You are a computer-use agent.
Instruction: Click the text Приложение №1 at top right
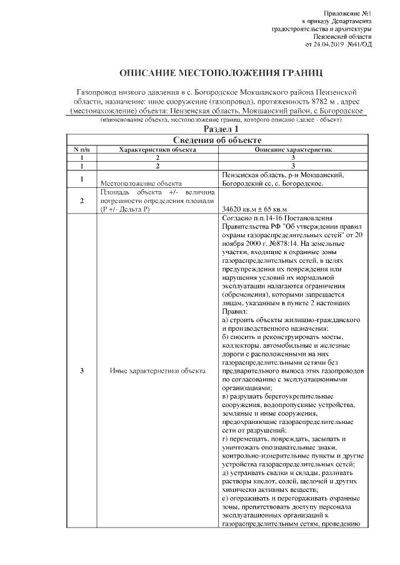pos(349,13)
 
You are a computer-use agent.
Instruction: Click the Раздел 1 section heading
pos(199,128)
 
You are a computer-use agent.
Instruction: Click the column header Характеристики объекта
pos(158,150)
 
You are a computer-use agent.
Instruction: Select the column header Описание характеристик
pos(292,150)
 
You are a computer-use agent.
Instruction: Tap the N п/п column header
pos(82,150)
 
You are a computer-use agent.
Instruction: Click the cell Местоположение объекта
pos(141,184)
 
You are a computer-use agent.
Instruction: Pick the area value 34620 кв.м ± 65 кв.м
pos(254,209)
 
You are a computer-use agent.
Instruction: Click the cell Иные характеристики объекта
pos(157,371)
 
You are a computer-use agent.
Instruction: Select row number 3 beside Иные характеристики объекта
pos(82,371)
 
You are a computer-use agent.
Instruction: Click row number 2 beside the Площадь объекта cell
pos(82,201)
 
